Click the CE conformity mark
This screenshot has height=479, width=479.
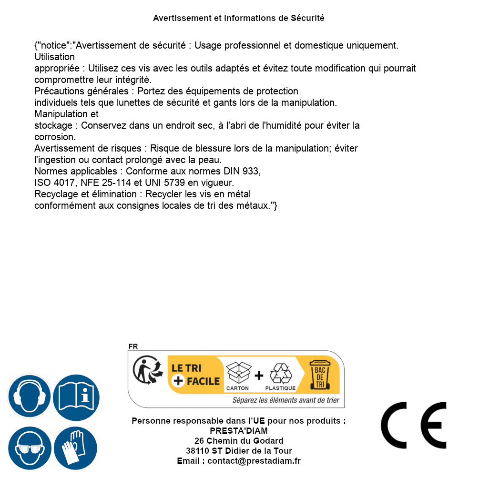(x=414, y=425)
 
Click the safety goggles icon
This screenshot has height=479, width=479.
(x=29, y=448)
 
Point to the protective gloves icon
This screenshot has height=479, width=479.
(x=75, y=448)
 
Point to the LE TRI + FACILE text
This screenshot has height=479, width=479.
(x=195, y=375)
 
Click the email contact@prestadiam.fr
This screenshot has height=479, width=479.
(x=254, y=461)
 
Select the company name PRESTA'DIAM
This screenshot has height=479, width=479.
(x=239, y=431)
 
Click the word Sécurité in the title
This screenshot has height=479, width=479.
(x=307, y=18)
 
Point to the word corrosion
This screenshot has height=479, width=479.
(x=55, y=137)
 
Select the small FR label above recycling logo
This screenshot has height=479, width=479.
(x=133, y=347)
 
